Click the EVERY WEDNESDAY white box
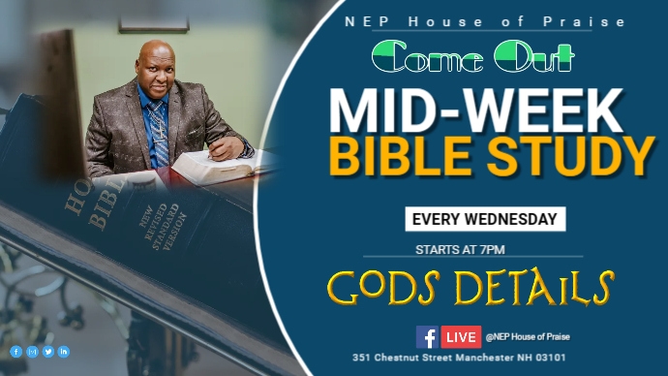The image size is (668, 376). coord(485,219)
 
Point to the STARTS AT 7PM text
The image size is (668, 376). coord(460,249)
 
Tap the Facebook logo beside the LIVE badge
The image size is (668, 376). coord(427,336)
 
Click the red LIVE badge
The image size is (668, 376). coord(461,336)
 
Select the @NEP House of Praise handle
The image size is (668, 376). coord(528,336)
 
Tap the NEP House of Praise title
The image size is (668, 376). coord(485,21)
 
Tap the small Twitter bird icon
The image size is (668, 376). coord(47,352)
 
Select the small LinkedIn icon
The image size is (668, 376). coord(64,352)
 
